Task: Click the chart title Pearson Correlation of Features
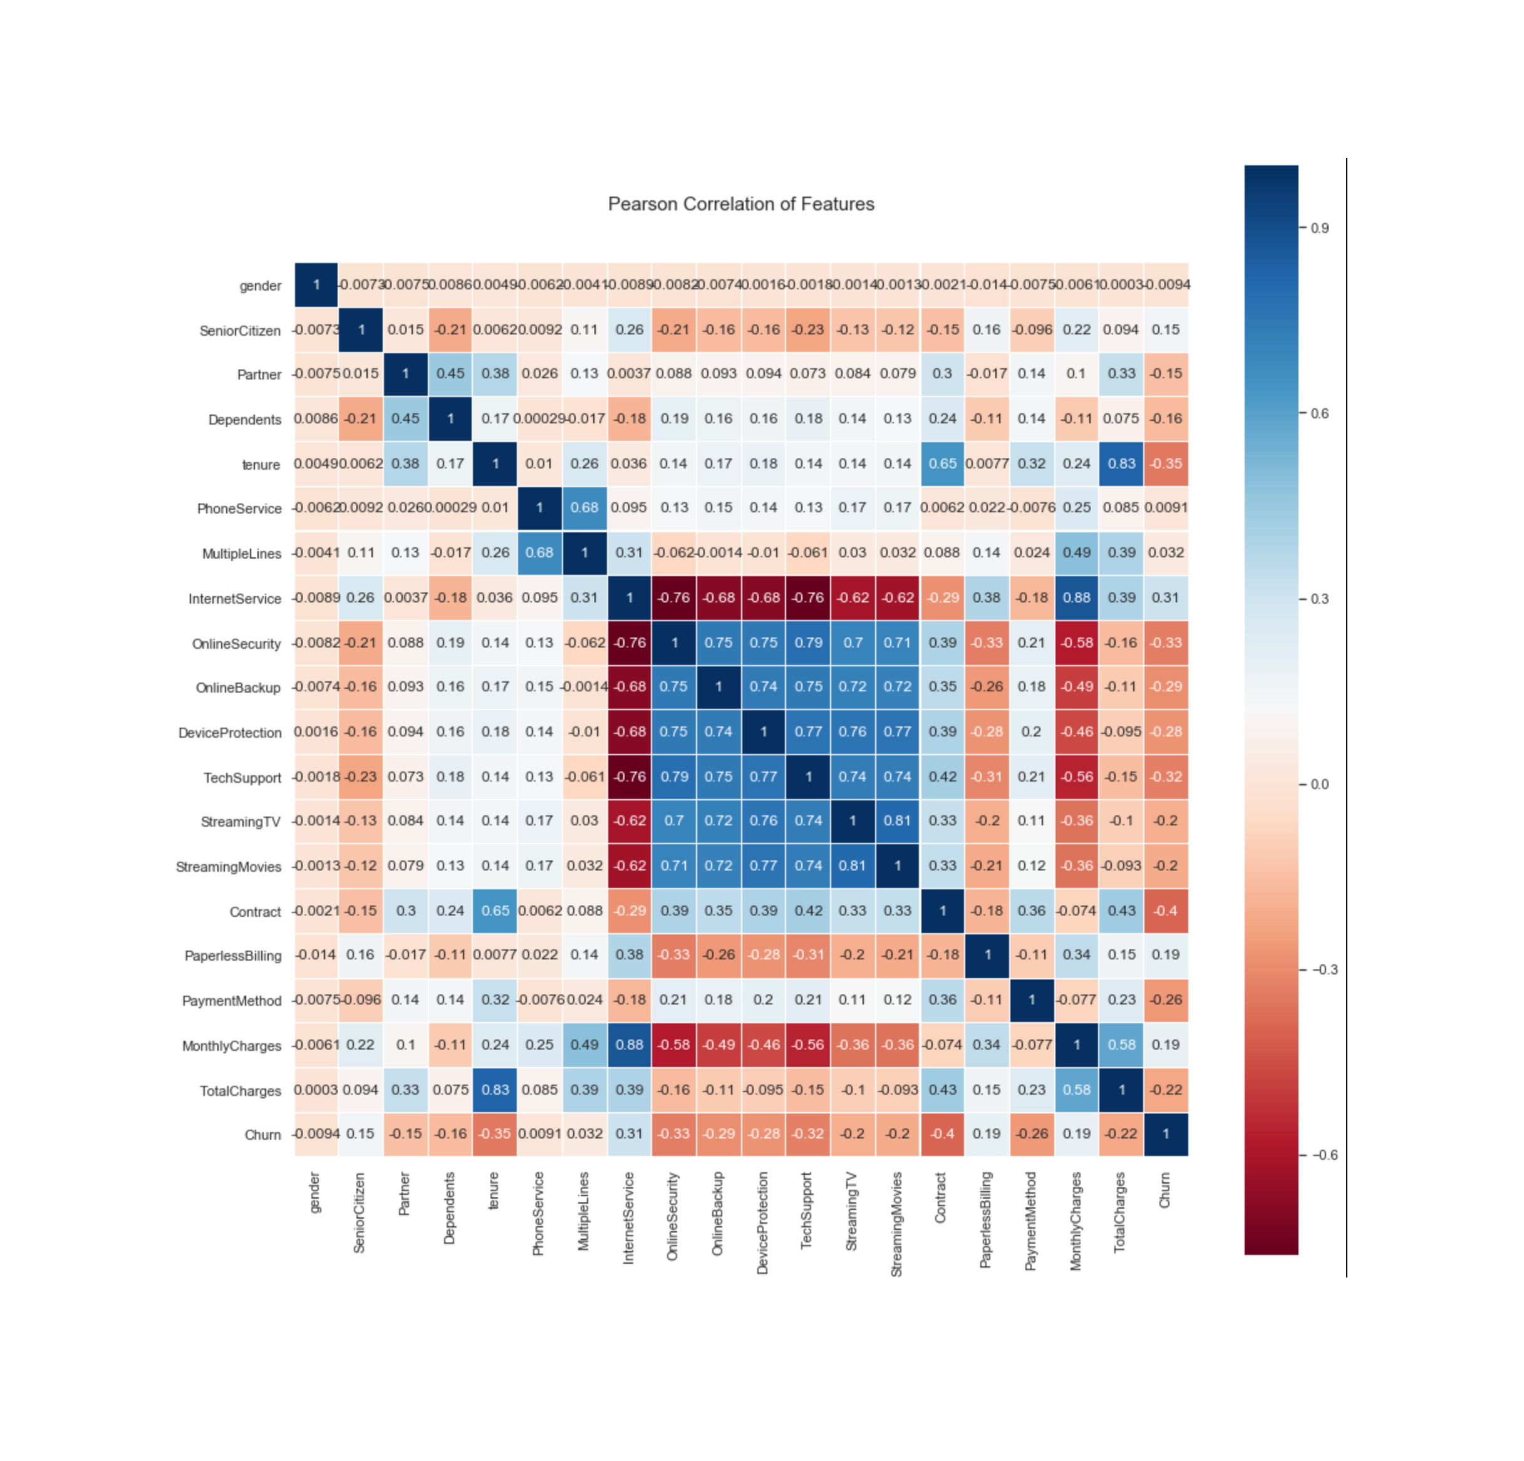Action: coord(740,204)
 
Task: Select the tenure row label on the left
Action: coord(261,465)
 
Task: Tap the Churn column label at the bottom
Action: coord(1165,1190)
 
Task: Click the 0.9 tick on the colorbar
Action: coord(1320,228)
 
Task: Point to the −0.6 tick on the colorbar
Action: coord(1324,1155)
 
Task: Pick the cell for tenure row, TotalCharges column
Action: coord(1121,463)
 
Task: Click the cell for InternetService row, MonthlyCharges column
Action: coord(1076,598)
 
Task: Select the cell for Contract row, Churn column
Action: coord(1166,911)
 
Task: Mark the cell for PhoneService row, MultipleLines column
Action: coord(584,508)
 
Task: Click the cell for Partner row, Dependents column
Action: coord(450,374)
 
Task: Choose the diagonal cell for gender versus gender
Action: coord(316,284)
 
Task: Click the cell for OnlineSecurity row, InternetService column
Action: coord(629,643)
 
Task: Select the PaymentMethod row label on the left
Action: coord(231,1001)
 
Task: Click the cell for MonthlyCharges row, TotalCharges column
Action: coord(1121,1045)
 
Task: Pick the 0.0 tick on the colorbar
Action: coord(1320,784)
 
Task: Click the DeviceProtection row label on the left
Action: coord(229,733)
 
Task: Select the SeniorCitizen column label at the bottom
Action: coord(359,1212)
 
